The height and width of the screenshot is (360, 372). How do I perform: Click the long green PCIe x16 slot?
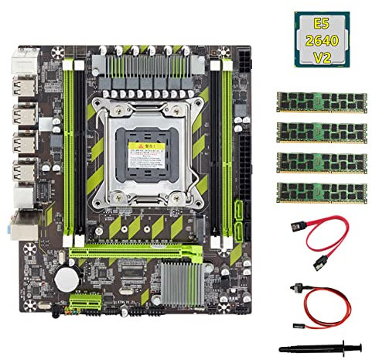click(139, 252)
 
